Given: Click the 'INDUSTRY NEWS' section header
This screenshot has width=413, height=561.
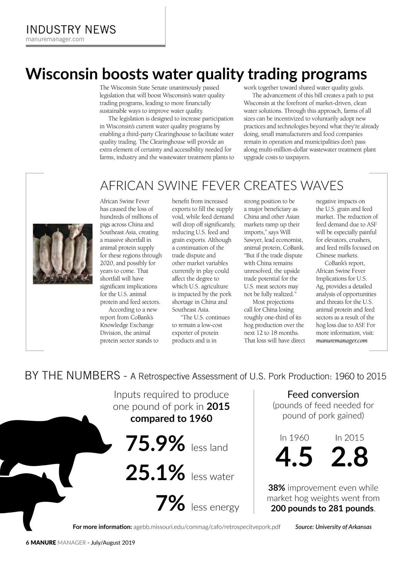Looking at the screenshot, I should coord(71,30).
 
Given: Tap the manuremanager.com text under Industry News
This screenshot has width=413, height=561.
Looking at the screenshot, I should coord(55,39).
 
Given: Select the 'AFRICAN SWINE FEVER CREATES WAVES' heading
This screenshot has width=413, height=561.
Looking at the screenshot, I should coord(221,186).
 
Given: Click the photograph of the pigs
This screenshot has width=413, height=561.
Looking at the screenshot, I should coord(63,254).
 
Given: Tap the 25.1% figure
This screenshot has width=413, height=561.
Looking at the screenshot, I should coord(155,473).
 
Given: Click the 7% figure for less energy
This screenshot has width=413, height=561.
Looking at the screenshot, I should coord(170,503).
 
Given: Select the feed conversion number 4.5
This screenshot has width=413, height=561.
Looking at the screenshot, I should coord(294,457).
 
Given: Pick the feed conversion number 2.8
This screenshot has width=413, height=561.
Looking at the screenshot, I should coord(349,457).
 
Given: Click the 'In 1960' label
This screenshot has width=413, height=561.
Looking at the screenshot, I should coord(294,438).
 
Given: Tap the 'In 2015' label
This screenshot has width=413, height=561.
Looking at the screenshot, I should coord(349,438).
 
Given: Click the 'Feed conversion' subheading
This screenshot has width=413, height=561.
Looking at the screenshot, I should coord(323,395).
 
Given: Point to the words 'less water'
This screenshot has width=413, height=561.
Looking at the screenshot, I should coord(212,477).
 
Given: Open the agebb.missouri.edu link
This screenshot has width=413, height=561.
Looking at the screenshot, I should coord(206,527).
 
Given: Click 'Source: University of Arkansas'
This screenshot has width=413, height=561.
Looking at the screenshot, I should coord(333,527).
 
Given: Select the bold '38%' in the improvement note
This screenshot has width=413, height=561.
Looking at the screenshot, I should coord(276,488).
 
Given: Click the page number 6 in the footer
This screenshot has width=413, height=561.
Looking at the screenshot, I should coord(28,543).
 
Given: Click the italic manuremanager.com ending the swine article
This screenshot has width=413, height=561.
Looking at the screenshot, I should coord(341,341).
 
